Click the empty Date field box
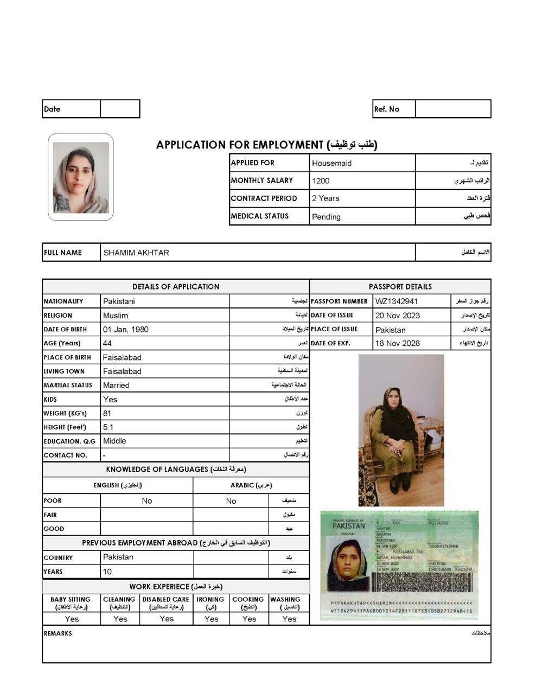click(120, 109)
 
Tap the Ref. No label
click(386, 109)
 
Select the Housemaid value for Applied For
click(331, 163)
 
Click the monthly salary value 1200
click(321, 181)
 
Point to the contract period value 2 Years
click(326, 198)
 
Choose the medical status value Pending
click(326, 217)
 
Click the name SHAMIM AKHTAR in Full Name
click(136, 253)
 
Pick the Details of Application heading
click(176, 287)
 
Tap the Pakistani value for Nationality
click(119, 301)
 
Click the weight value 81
click(107, 413)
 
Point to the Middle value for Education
click(114, 441)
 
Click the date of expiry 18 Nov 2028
click(397, 343)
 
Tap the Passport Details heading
click(400, 287)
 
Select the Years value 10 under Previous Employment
click(107, 571)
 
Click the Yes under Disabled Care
click(167, 619)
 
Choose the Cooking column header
click(248, 600)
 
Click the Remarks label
click(58, 633)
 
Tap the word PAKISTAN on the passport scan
click(348, 526)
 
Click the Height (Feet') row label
click(65, 427)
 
